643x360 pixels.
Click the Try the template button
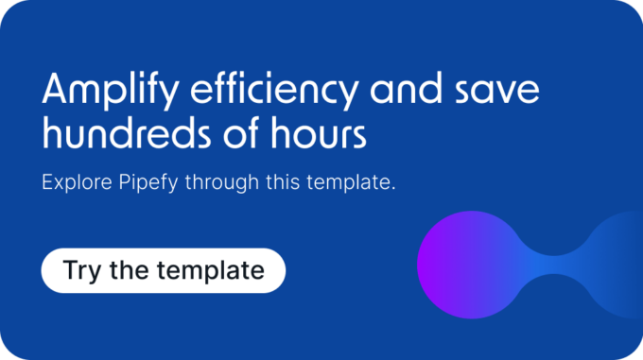[163, 270]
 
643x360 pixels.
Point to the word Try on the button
[80, 270]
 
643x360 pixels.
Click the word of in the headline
[239, 135]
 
